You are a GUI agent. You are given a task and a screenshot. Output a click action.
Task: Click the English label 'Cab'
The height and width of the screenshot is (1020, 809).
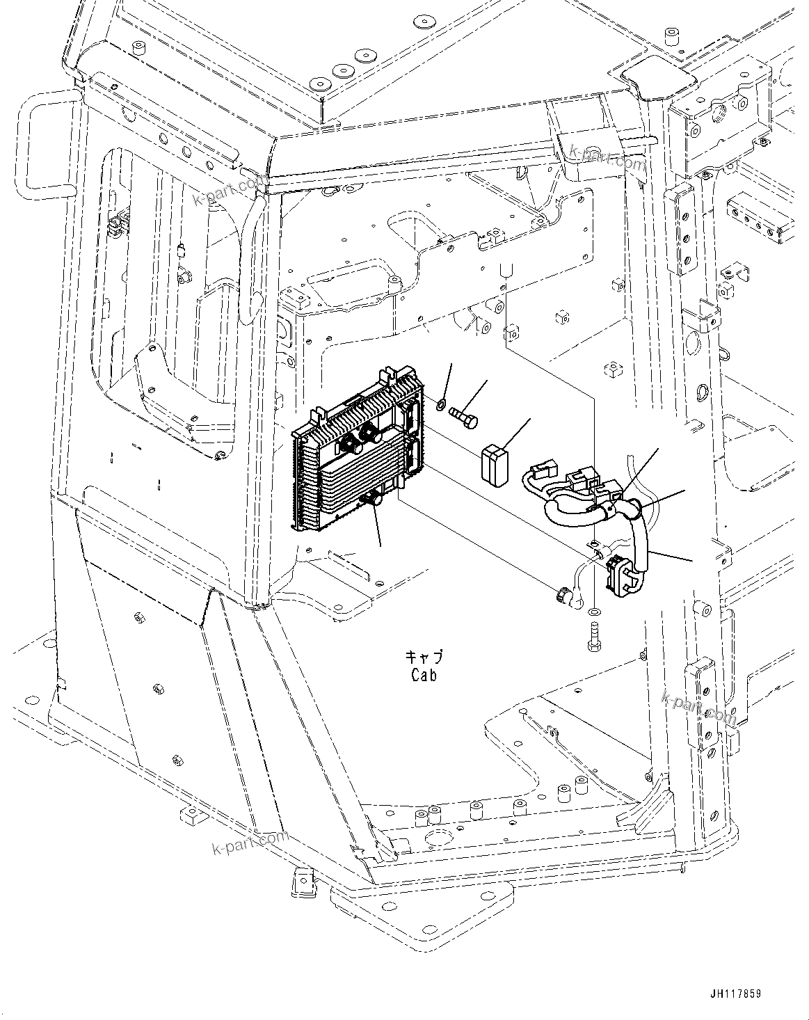[424, 674]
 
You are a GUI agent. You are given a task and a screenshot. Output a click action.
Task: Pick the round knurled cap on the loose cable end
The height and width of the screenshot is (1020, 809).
[562, 595]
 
